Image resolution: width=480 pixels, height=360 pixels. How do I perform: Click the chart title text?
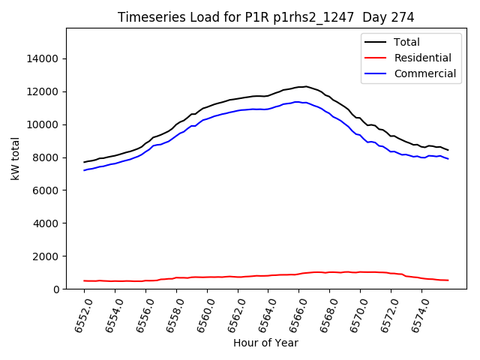266,17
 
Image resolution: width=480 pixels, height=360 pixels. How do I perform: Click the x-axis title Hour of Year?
265,343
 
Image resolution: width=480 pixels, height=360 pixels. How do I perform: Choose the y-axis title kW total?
15,159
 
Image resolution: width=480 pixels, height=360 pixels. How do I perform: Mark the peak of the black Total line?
306,86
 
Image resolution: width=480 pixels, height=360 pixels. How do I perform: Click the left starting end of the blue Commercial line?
85,170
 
